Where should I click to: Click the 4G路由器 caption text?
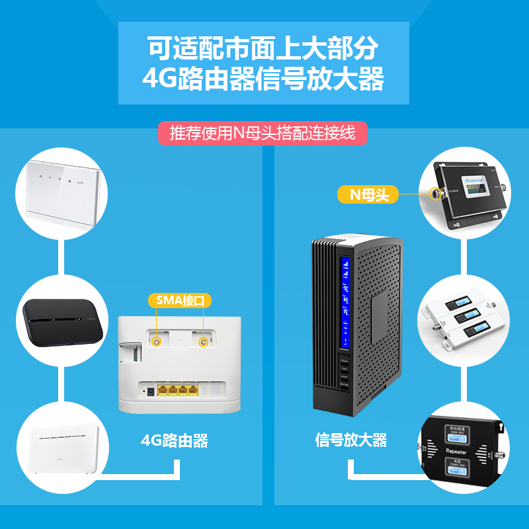[x=175, y=440]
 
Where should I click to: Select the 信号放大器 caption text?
[x=351, y=440]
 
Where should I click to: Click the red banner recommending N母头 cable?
[x=263, y=133]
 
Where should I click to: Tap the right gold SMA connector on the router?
[x=204, y=342]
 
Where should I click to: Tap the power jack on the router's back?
[x=150, y=391]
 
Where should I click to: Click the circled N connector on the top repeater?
[x=435, y=194]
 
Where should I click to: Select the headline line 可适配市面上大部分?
[x=263, y=48]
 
